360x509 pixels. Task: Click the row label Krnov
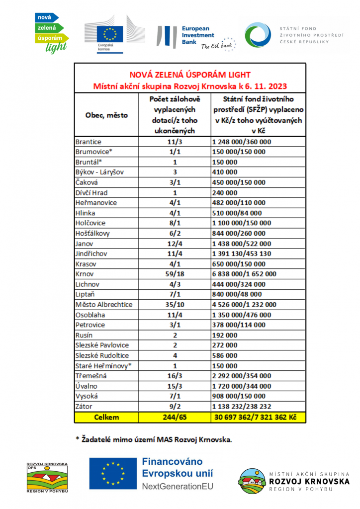tap(85, 274)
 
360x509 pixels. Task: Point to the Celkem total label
tap(107, 417)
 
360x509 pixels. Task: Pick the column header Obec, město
tap(107, 115)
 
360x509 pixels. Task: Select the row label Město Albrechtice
tap(104, 304)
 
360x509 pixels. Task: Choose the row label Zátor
tap(84, 406)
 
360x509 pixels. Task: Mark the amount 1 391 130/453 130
tap(241, 254)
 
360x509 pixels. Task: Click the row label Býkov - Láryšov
tap(99, 172)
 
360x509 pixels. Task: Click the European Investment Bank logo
tap(196, 37)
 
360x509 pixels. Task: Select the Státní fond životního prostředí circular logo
tap(258, 35)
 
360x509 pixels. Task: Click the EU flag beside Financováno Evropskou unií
tap(112, 473)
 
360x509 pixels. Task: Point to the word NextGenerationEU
tap(178, 486)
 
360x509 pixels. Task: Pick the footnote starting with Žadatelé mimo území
tap(154, 439)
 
